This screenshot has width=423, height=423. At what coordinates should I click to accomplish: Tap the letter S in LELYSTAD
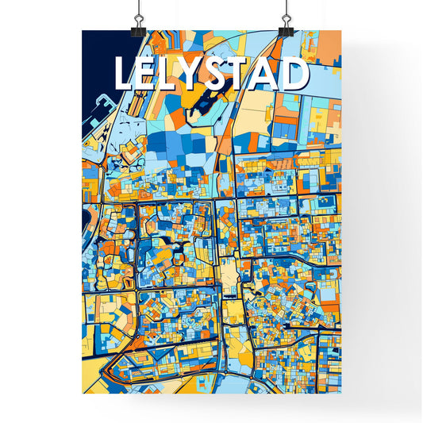point(210,75)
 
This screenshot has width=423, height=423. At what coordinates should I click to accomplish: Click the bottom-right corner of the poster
point(340,394)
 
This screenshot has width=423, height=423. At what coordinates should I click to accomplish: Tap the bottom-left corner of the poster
point(83,394)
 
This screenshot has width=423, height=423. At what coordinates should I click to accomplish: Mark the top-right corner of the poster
point(340,31)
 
